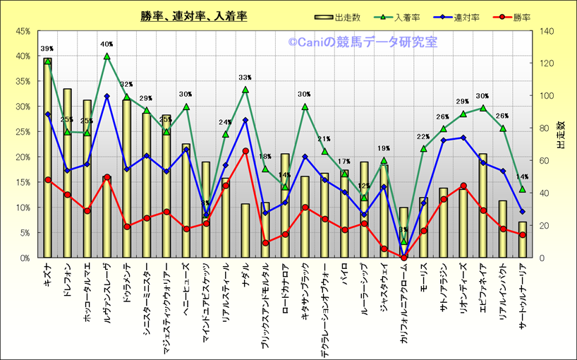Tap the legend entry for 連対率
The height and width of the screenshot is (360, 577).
(x=458, y=17)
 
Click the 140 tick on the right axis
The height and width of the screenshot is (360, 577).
(x=547, y=31)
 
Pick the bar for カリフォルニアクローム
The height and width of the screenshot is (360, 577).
(x=403, y=233)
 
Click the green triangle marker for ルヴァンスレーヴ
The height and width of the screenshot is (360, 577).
(x=107, y=56)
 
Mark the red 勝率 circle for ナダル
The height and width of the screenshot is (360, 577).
(x=245, y=151)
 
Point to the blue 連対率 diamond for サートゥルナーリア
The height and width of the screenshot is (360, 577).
(x=523, y=212)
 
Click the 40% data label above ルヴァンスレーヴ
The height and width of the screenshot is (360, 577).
(x=107, y=44)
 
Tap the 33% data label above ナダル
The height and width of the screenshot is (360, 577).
(x=245, y=78)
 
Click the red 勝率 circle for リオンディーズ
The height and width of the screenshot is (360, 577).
(x=463, y=186)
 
